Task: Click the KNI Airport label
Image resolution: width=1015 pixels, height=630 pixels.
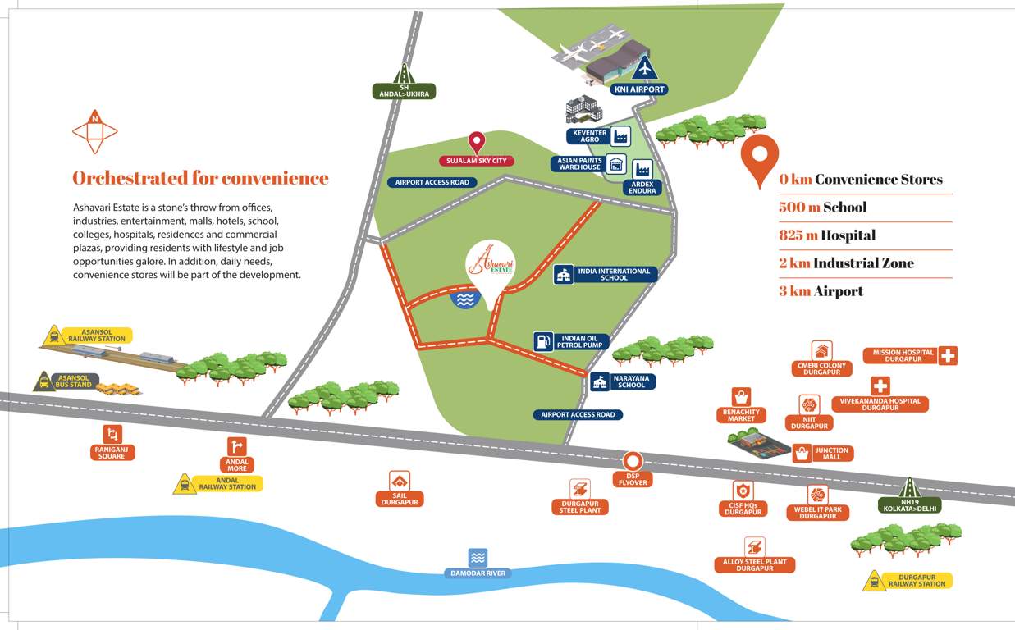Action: tap(639, 89)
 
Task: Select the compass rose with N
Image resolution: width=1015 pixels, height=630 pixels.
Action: tap(95, 131)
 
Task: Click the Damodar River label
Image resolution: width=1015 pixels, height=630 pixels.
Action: tap(478, 573)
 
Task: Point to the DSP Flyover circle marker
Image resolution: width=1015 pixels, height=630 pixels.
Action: tap(633, 461)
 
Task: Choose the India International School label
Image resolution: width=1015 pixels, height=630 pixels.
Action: tap(614, 274)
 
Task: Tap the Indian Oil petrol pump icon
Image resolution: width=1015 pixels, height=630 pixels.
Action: tap(543, 341)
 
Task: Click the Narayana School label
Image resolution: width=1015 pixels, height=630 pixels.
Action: tap(631, 381)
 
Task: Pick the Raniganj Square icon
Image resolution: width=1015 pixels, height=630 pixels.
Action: tap(112, 434)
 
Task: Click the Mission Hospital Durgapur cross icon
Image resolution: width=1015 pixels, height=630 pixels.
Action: tap(949, 356)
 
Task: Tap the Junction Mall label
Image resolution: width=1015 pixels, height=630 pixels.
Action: tap(831, 453)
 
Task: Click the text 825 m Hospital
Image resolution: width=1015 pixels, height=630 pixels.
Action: tap(827, 235)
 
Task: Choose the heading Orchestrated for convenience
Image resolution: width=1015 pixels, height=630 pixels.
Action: tap(200, 178)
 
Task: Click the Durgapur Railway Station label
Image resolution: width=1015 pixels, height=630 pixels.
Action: tap(917, 581)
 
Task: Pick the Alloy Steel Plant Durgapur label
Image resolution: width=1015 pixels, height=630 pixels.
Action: tap(754, 565)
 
